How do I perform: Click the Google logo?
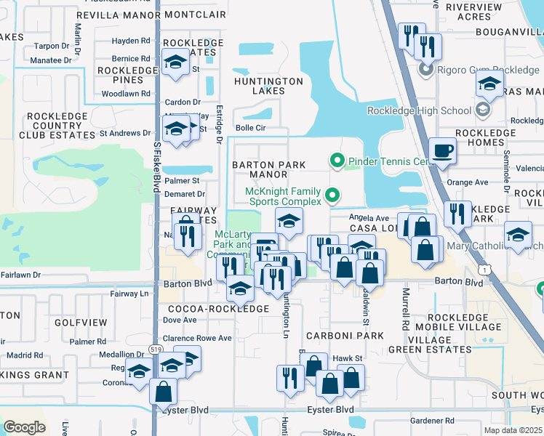tap(24, 427)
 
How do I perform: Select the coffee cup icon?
tap(442, 152)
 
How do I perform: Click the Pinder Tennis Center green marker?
tap(337, 160)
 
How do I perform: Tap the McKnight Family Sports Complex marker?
tap(332, 195)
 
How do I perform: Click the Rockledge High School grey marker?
tap(481, 110)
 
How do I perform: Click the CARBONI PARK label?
tap(344, 336)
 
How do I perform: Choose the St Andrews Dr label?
tap(124, 133)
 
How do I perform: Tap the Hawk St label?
tap(347, 358)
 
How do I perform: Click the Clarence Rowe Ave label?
tap(196, 338)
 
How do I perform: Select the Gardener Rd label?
tap(432, 421)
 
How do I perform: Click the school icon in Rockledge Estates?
tap(175, 64)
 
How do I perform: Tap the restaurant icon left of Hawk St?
tap(289, 378)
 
